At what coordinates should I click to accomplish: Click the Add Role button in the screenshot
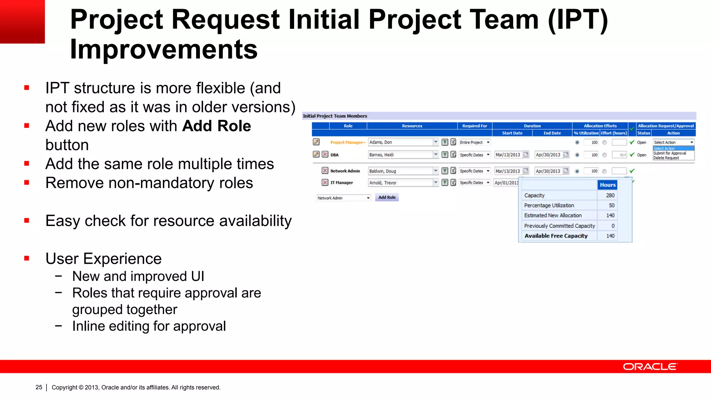[387, 197]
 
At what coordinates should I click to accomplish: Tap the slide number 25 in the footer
[39, 387]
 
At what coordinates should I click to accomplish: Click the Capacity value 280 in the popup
[610, 195]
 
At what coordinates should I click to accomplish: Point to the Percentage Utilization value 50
[611, 206]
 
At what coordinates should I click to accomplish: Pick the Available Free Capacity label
[556, 236]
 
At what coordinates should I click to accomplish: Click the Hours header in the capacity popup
[608, 185]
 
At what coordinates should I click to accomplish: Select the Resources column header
[412, 126]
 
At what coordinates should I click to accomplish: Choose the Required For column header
[475, 126]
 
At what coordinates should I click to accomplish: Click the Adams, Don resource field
[400, 142]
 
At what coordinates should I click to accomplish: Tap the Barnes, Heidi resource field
[400, 155]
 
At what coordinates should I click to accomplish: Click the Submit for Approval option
[670, 153]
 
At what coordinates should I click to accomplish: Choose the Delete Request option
[666, 158]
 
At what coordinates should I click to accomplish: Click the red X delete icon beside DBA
[325, 155]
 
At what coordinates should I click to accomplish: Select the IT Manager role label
[342, 183]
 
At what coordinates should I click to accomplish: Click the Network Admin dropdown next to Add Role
[343, 198]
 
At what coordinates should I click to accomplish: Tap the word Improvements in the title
[164, 49]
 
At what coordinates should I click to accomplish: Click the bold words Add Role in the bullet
[217, 126]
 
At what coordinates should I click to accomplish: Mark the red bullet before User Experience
[27, 258]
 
